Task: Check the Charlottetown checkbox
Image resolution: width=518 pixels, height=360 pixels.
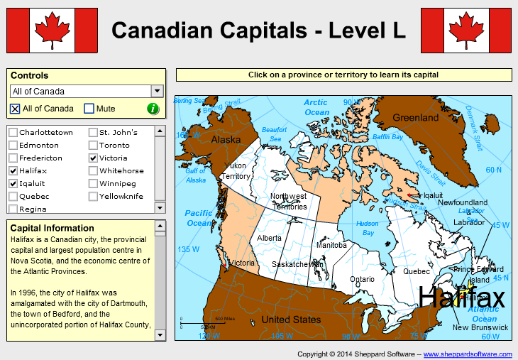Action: [13, 133]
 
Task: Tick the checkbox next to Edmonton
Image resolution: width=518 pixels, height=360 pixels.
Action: [13, 146]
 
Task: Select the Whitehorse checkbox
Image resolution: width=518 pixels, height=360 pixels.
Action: [93, 171]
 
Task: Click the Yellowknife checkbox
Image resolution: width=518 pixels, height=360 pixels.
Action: [93, 197]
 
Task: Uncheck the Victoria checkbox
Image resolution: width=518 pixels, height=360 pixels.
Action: [93, 158]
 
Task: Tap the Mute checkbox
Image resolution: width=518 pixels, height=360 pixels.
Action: [89, 109]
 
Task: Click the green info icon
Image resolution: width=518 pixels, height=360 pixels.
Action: [153, 109]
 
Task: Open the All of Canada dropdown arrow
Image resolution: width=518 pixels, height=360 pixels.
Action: [157, 91]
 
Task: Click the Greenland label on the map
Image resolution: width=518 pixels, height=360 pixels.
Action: [416, 118]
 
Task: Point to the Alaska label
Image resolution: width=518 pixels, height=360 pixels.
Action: [226, 140]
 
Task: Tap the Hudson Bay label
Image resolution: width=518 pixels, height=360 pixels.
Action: [367, 228]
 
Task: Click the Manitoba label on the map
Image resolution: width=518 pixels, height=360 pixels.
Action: [331, 245]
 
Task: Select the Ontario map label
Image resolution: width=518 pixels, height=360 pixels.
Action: [362, 279]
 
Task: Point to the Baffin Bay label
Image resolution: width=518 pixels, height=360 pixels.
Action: [387, 136]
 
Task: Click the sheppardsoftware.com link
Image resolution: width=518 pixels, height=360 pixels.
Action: [468, 354]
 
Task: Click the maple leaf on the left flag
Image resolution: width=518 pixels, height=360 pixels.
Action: [52, 30]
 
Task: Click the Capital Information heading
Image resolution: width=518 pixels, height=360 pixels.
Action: [53, 228]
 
